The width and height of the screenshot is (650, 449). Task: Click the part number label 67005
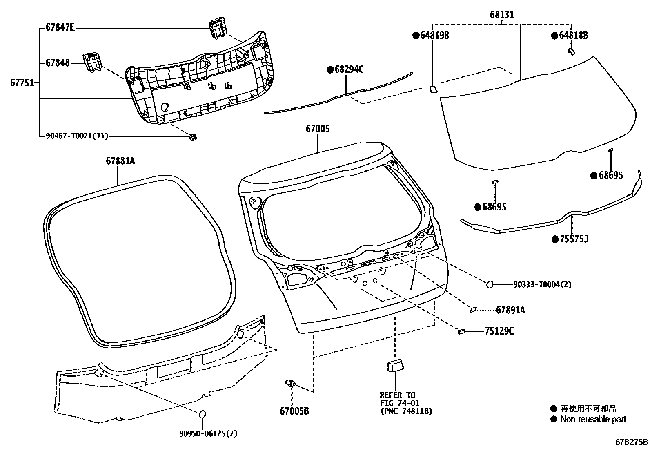coord(318,129)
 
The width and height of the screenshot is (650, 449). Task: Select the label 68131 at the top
coord(502,15)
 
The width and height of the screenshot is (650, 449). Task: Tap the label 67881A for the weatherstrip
coord(120,161)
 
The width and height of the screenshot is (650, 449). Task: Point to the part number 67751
coord(22,83)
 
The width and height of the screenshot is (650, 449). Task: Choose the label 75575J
coord(573,239)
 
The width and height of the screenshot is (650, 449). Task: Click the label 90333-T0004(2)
coord(542,285)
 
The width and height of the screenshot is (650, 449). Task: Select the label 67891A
coord(510,311)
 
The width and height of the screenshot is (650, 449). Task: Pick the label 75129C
coord(499,331)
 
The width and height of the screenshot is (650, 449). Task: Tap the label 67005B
coord(294,411)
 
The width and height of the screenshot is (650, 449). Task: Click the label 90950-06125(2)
coord(208,433)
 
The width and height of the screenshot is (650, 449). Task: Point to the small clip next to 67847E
coord(218,28)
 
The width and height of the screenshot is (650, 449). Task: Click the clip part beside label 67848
coord(92,63)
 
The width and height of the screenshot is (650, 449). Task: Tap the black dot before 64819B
coord(416,36)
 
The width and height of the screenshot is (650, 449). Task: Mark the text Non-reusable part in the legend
coord(593,419)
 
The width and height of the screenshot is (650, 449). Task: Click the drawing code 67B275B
coord(632,442)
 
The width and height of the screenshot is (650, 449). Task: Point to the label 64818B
coord(573,36)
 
